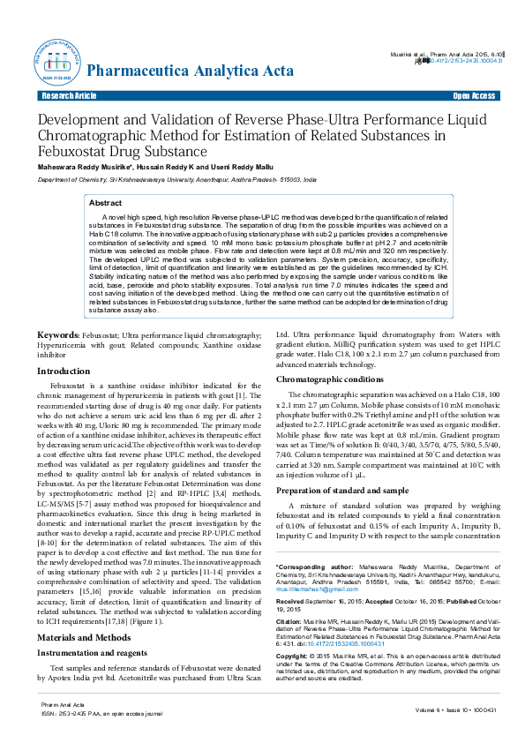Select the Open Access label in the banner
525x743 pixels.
(x=474, y=95)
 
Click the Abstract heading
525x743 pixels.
(x=105, y=203)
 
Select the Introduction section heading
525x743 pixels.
(x=64, y=371)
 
